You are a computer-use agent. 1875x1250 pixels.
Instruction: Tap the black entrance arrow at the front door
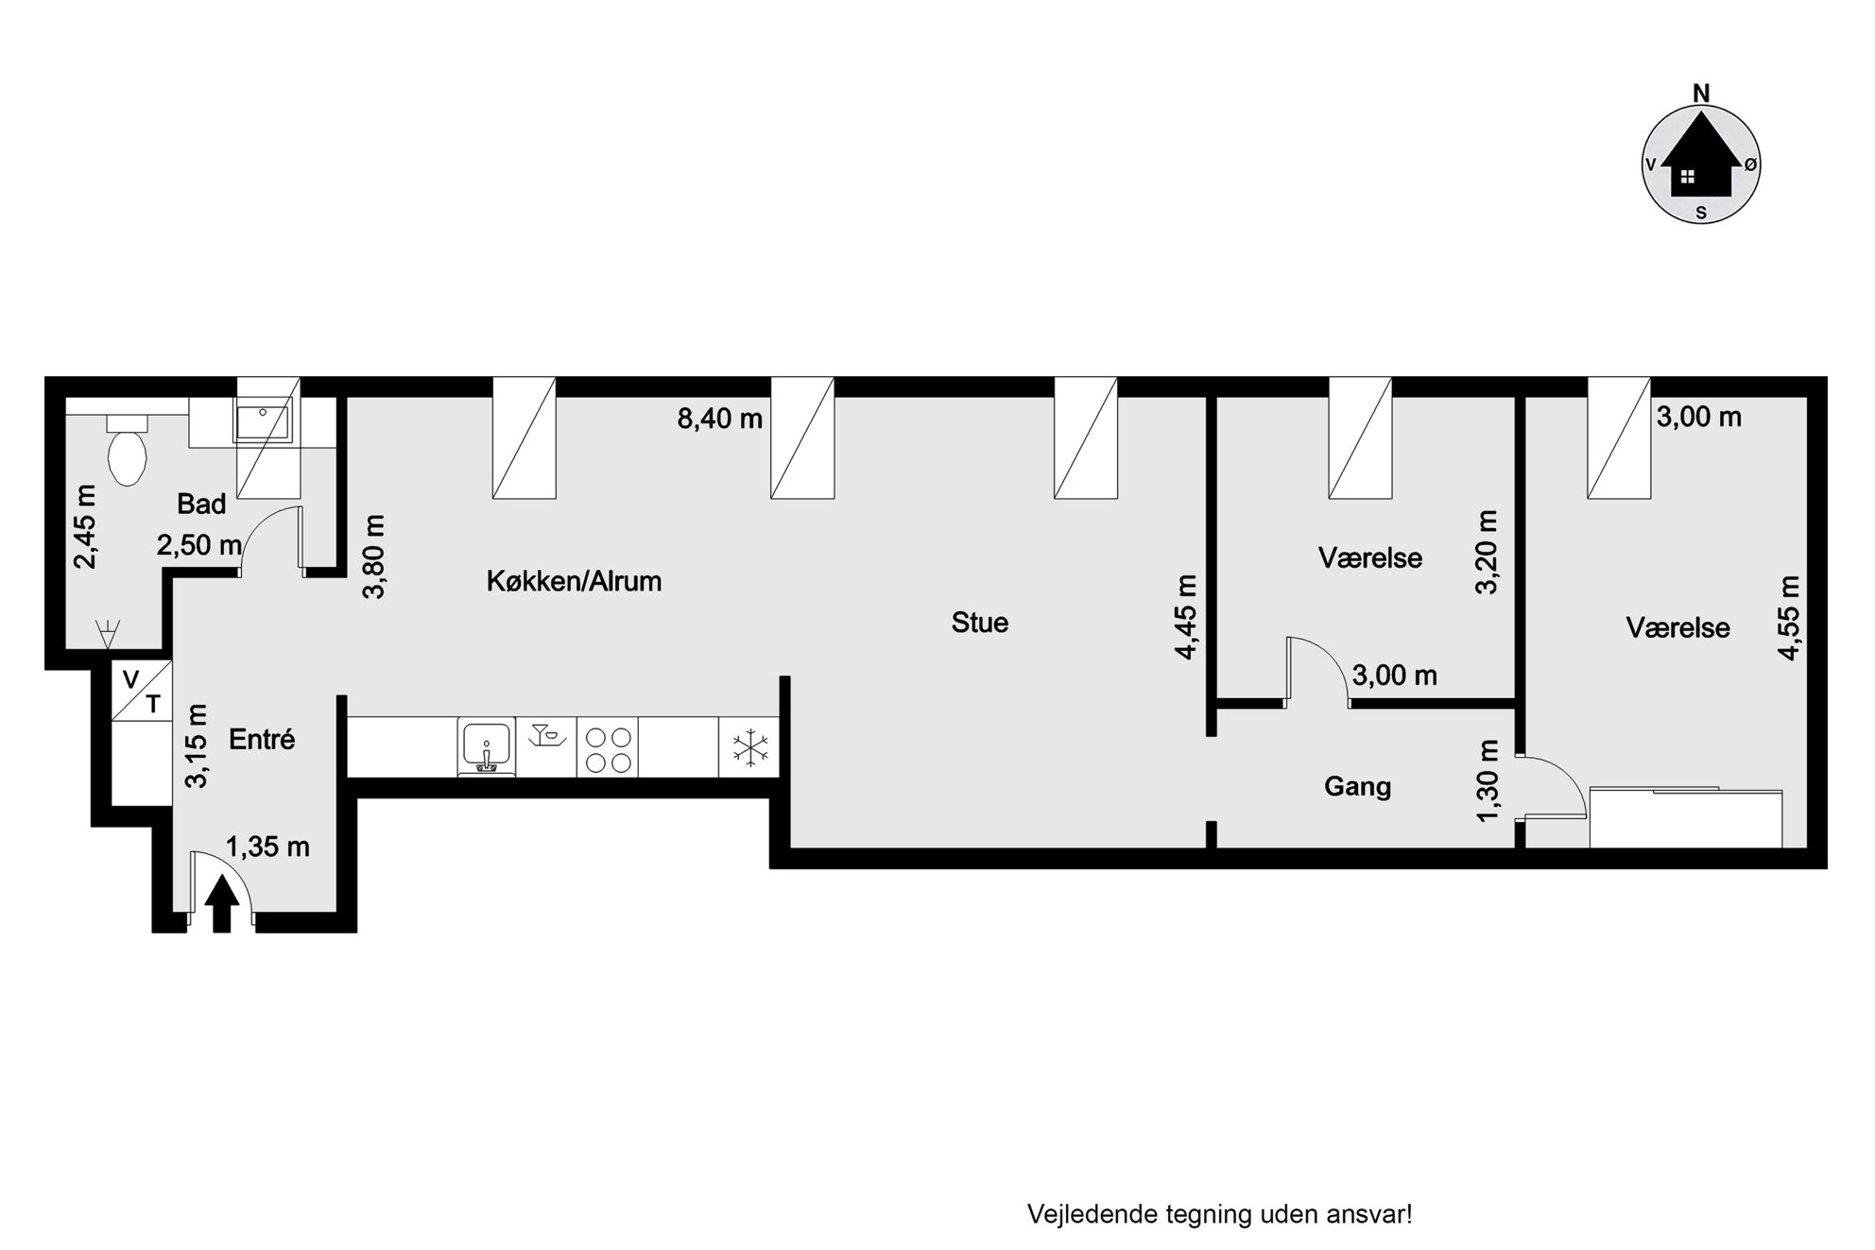(222, 904)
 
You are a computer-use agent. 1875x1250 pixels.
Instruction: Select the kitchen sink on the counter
(486, 747)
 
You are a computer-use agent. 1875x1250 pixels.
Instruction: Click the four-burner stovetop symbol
(608, 748)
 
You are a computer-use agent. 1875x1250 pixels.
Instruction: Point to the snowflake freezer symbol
(750, 748)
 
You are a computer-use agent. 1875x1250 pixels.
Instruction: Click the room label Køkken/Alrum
(574, 581)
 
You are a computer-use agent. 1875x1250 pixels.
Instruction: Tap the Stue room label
(980, 623)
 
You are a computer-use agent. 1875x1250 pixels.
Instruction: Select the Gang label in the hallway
(1357, 786)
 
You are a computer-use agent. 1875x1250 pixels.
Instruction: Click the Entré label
(262, 739)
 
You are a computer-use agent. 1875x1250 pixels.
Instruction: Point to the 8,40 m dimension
(719, 419)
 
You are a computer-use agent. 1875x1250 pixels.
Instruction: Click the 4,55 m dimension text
(1788, 617)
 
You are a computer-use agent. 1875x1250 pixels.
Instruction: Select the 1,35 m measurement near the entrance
(267, 848)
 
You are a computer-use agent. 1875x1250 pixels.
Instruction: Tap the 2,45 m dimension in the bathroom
(85, 526)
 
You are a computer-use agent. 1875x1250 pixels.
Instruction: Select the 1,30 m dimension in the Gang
(1488, 780)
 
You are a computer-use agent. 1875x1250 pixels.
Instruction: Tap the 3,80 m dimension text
(374, 557)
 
